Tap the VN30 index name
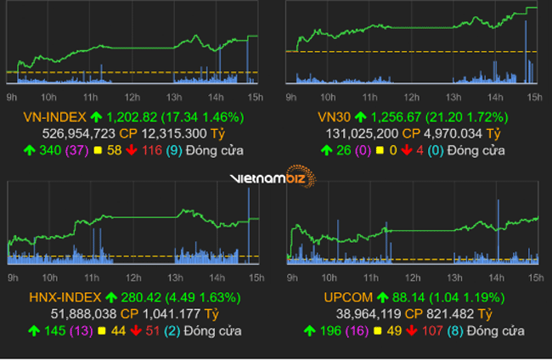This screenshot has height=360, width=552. coord(333,117)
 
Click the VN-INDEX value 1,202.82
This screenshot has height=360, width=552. coord(133,117)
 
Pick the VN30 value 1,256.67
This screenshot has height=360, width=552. coord(397,117)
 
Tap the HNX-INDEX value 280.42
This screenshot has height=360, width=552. coord(142,297)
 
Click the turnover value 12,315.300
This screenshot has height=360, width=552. coord(176,133)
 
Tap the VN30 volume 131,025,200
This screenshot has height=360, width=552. coord(362,133)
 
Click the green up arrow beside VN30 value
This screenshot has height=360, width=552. coord(359,117)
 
